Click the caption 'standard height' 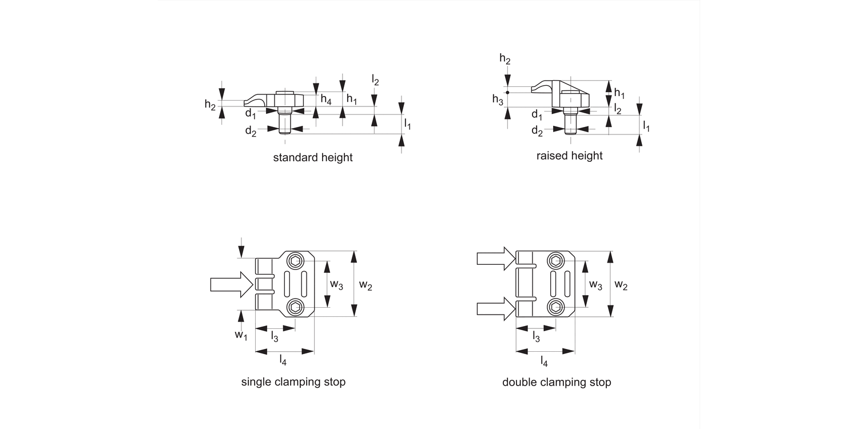(313, 157)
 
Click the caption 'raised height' (569, 156)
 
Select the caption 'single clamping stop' (293, 382)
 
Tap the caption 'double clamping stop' (557, 382)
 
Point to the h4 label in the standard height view (325, 100)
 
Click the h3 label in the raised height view (497, 99)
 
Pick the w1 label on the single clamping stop (241, 335)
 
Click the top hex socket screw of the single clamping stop (296, 261)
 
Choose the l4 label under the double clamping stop (545, 362)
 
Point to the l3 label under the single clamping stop (275, 337)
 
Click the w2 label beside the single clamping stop (366, 285)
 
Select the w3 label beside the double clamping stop (595, 284)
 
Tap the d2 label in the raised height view (537, 131)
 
